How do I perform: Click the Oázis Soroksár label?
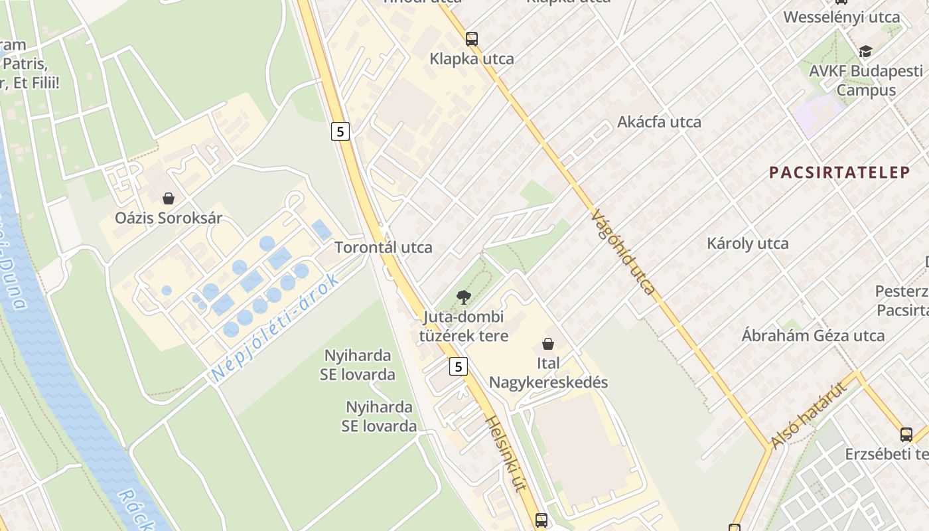(169, 218)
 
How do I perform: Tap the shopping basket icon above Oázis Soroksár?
(169, 198)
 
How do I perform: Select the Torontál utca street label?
(383, 248)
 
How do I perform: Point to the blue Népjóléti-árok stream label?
(275, 327)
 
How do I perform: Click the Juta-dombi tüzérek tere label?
(463, 326)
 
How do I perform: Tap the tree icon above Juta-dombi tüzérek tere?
(463, 297)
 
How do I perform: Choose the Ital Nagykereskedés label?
(548, 372)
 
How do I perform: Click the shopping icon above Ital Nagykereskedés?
(548, 344)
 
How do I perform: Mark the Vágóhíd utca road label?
(623, 252)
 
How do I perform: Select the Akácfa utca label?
(659, 122)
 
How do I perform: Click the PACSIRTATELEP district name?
(839, 173)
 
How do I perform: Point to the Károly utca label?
(748, 244)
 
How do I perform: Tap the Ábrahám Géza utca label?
(813, 336)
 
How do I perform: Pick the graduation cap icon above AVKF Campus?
(865, 51)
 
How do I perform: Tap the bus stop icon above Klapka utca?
(471, 38)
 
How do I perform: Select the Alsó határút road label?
(810, 415)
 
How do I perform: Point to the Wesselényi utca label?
(841, 17)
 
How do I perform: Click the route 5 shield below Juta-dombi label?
(458, 366)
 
